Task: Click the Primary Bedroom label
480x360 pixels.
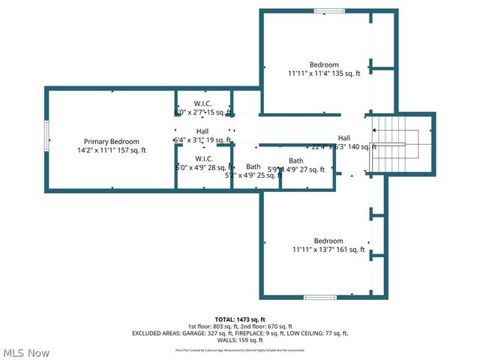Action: (x=111, y=141)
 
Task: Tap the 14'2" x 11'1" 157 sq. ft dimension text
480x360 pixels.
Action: (x=111, y=150)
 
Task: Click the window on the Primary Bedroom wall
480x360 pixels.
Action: (x=47, y=140)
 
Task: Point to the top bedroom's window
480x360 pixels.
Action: (x=329, y=10)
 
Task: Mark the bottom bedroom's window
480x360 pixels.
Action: (x=319, y=298)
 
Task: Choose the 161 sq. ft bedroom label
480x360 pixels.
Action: (x=328, y=241)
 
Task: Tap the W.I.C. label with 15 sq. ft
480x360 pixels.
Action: (x=203, y=103)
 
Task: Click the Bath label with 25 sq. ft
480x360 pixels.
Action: (x=253, y=166)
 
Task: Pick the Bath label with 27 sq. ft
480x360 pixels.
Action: (x=296, y=160)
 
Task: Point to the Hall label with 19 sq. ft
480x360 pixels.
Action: (x=202, y=131)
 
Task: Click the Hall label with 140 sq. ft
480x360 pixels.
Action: (x=343, y=138)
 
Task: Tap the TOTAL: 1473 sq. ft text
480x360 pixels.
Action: (x=240, y=319)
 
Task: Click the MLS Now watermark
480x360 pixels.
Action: (x=26, y=352)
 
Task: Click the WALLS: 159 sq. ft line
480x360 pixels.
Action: (x=240, y=340)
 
